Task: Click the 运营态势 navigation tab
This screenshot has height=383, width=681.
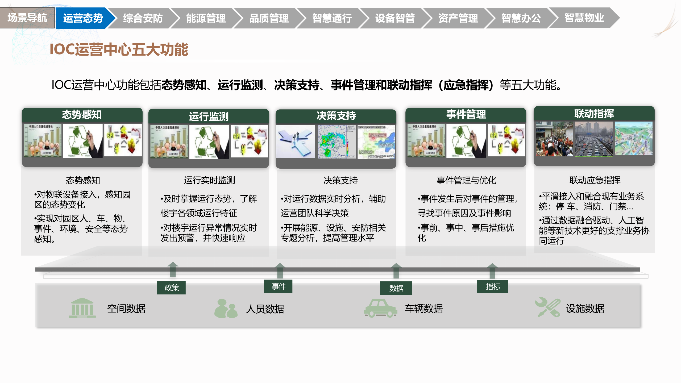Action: [83, 18]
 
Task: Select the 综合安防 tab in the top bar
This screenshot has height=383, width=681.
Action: [143, 18]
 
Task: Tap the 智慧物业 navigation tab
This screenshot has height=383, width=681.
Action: [584, 18]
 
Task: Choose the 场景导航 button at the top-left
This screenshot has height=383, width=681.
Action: [27, 18]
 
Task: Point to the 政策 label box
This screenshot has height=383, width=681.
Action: [171, 288]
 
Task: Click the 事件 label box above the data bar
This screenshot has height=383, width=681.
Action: [278, 286]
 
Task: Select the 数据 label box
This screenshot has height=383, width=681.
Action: [396, 288]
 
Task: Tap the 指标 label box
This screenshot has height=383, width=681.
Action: [493, 287]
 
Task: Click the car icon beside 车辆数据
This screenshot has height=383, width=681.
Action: [380, 308]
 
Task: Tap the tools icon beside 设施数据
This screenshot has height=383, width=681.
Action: [548, 307]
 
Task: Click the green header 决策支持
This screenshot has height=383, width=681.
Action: [336, 116]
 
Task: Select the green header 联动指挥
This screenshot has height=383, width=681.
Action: [594, 114]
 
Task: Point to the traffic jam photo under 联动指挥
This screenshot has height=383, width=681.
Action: [594, 139]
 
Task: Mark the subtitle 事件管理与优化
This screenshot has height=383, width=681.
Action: [466, 180]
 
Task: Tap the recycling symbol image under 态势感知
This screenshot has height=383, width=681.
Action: [82, 141]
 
